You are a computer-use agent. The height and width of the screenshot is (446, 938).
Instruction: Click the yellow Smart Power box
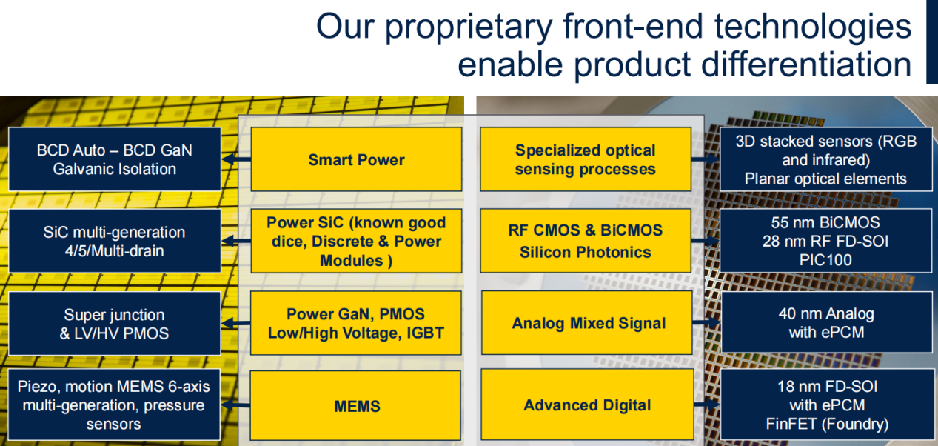point(356,159)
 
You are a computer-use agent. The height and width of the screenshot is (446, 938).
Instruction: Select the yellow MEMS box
point(356,406)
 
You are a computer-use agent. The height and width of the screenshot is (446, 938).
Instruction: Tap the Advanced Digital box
point(587,405)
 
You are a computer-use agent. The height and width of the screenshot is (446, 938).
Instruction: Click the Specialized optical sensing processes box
point(585,159)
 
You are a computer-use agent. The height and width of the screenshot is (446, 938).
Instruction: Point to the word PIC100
point(826,260)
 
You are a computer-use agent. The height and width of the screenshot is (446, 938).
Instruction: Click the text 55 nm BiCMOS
point(825,222)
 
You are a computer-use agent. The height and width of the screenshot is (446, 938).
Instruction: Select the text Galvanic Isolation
point(115,169)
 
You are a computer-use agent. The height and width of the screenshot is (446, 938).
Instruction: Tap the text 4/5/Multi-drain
point(114,250)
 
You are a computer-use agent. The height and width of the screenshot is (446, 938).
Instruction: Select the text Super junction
point(114,315)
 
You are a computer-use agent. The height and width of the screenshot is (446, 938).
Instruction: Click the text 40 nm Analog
point(825,313)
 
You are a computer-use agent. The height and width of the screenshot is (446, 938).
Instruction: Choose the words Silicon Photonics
point(585,252)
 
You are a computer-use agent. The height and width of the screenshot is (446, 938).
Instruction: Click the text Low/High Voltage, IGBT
point(356,333)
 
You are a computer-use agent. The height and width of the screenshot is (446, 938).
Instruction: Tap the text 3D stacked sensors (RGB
point(825,141)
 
